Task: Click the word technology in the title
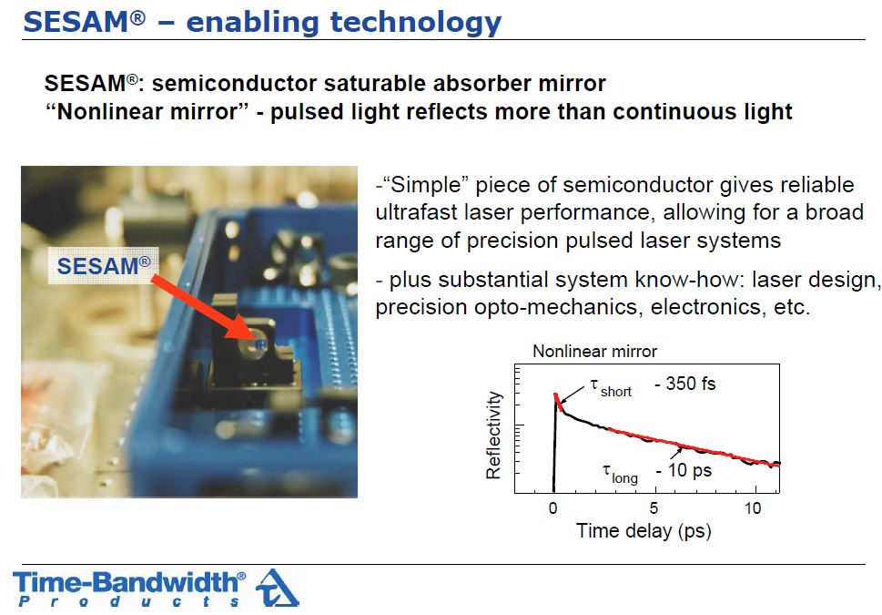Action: [416, 24]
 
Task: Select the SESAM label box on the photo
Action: [104, 265]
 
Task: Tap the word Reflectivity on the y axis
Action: [493, 436]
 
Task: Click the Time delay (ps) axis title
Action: [644, 531]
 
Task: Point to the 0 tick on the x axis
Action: [553, 508]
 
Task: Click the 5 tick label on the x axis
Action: [654, 508]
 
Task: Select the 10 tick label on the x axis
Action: [753, 508]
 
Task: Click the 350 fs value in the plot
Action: [685, 384]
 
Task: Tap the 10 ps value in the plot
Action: [684, 470]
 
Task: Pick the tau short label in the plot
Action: [611, 387]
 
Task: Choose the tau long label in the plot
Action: [620, 474]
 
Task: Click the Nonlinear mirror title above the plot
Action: [594, 352]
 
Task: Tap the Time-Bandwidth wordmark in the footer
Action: [129, 582]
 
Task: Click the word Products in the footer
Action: [129, 601]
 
